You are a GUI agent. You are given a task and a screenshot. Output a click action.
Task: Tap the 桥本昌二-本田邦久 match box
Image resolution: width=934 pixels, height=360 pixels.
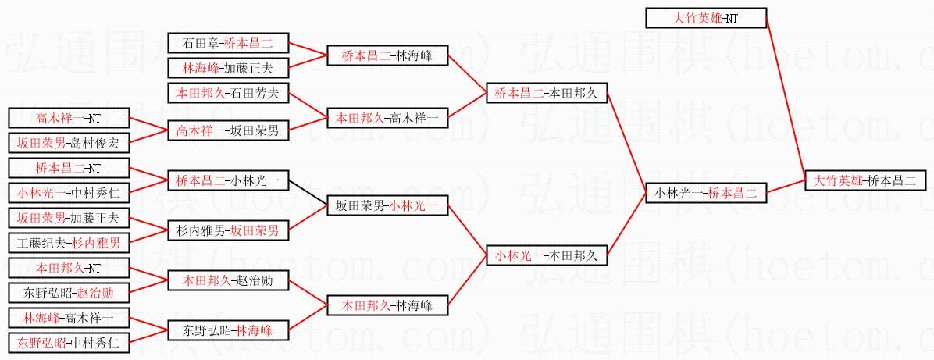(x=547, y=93)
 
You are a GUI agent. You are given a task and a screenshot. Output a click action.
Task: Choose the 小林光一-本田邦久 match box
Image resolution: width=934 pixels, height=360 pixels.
(x=547, y=255)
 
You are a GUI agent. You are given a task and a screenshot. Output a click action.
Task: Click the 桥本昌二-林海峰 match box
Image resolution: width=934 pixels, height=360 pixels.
(x=387, y=56)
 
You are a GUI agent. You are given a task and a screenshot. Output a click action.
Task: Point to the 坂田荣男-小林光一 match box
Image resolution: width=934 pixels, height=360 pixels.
(x=387, y=205)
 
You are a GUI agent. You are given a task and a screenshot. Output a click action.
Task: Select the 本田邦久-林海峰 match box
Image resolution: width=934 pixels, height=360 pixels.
(x=387, y=305)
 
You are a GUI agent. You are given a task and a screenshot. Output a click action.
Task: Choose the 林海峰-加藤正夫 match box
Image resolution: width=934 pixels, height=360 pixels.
(x=228, y=68)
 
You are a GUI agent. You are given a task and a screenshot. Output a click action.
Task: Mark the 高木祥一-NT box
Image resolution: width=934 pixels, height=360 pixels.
(x=69, y=119)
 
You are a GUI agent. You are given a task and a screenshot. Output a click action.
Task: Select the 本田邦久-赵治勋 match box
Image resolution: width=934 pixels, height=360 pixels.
(x=228, y=280)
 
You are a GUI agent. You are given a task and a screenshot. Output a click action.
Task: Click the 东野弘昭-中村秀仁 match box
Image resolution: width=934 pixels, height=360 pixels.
(x=69, y=343)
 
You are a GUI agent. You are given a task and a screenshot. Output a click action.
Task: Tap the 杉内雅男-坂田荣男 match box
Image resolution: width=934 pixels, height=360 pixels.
(x=228, y=230)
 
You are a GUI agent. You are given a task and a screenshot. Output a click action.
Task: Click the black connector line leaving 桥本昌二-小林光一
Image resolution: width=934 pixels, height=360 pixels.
(x=308, y=193)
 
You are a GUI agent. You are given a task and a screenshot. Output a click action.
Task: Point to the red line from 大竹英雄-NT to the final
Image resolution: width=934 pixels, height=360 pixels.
(x=786, y=99)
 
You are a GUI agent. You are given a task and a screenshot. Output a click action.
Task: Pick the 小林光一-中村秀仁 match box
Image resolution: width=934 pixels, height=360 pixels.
(x=69, y=193)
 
